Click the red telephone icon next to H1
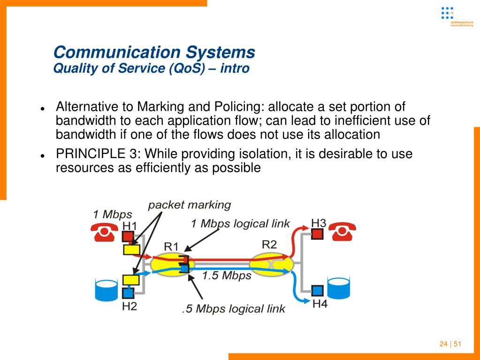click(x=104, y=231)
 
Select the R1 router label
click(x=171, y=246)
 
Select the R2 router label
click(x=269, y=244)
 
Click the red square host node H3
click(x=318, y=233)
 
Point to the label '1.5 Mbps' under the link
click(x=227, y=276)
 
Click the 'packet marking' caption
click(x=190, y=205)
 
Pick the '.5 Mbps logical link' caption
click(x=233, y=309)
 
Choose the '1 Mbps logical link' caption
click(x=240, y=224)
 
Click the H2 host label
click(x=130, y=306)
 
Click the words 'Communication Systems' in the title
click(x=154, y=52)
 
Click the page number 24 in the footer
click(x=443, y=344)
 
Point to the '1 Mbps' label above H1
click(x=113, y=214)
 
